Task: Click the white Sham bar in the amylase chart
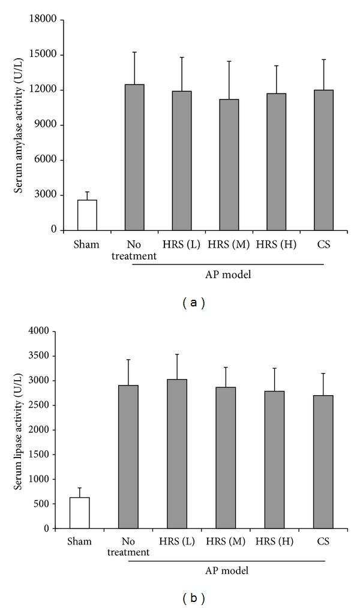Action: point(87,215)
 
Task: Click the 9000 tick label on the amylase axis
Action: point(46,125)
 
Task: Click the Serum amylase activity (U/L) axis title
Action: point(19,124)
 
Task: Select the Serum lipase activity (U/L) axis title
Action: point(19,429)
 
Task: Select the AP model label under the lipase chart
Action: point(229,571)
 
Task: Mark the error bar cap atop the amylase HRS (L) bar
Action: point(181,58)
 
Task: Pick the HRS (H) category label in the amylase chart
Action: point(275,245)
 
